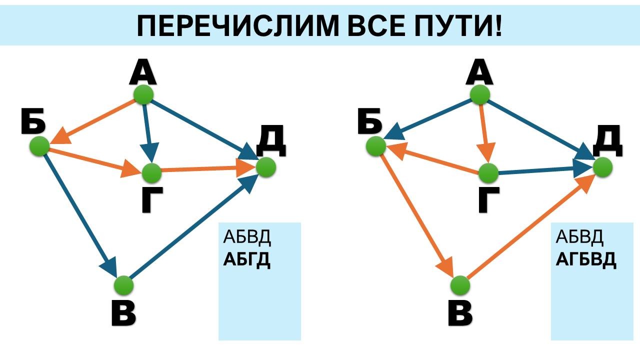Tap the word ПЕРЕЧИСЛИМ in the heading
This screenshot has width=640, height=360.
tap(237, 25)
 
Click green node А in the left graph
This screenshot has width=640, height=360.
tap(143, 94)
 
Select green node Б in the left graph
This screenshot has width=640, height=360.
tap(39, 146)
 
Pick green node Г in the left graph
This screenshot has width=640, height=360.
tap(151, 173)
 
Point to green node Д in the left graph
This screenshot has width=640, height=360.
tap(266, 167)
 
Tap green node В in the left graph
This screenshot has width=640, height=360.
tap(123, 285)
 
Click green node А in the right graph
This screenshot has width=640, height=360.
tap(480, 94)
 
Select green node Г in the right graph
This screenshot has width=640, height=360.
tap(488, 173)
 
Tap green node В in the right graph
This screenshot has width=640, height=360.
tap(460, 285)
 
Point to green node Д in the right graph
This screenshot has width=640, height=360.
tap(603, 167)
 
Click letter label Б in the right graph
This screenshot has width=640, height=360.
tap(369, 121)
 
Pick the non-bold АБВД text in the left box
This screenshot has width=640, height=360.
tap(247, 237)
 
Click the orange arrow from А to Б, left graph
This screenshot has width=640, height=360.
tap(92, 121)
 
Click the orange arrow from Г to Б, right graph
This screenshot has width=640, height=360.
tap(433, 158)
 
